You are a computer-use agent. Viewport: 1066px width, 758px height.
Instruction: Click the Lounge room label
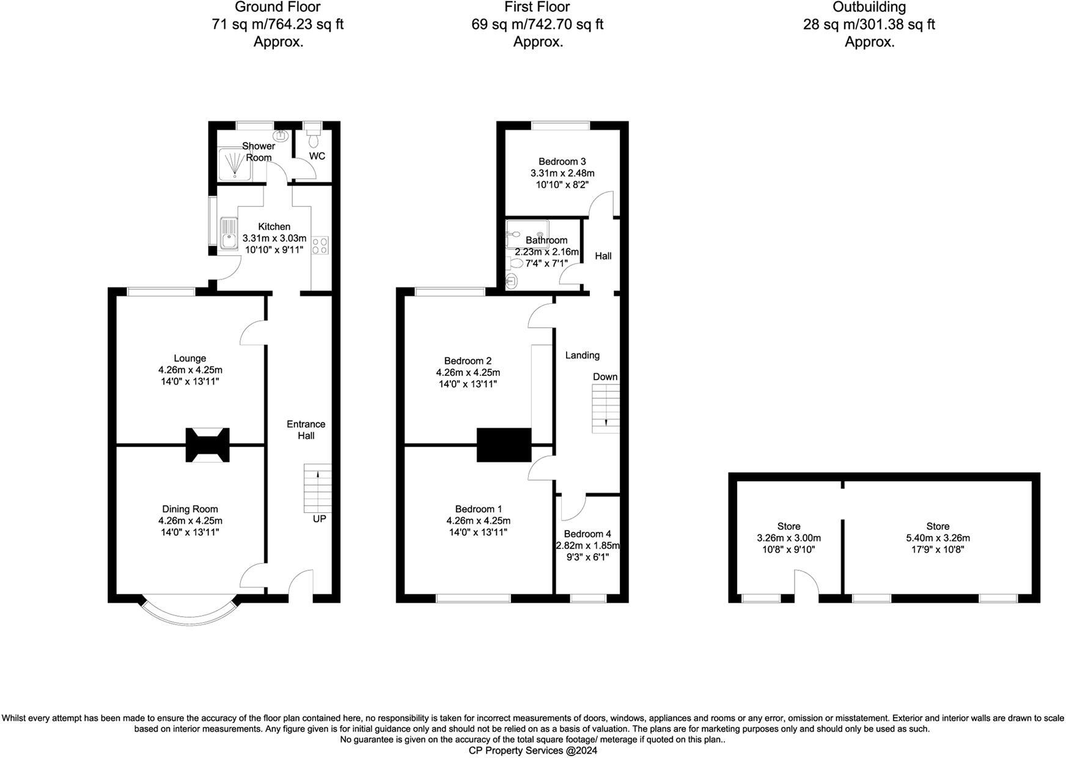click(x=189, y=359)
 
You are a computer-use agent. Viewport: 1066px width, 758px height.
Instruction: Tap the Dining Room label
click(x=189, y=509)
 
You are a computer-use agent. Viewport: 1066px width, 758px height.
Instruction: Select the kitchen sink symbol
click(x=229, y=234)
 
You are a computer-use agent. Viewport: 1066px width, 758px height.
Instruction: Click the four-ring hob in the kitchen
click(x=320, y=245)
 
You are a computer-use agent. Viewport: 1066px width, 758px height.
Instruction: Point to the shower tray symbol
click(x=235, y=164)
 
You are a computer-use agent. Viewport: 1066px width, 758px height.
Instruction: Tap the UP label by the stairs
click(x=319, y=519)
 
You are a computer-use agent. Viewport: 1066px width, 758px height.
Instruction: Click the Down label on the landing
click(x=605, y=377)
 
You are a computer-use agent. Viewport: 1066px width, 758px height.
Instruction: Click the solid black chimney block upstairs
click(x=504, y=444)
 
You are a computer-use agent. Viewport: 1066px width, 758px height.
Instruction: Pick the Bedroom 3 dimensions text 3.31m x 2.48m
click(x=562, y=173)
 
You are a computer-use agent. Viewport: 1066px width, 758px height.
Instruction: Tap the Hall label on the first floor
click(x=603, y=256)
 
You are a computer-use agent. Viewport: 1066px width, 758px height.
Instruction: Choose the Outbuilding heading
click(x=869, y=7)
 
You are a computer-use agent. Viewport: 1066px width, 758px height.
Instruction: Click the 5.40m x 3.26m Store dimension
click(x=938, y=539)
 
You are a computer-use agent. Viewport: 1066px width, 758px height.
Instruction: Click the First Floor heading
click(x=537, y=7)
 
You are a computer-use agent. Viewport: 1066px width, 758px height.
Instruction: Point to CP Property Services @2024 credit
click(x=532, y=751)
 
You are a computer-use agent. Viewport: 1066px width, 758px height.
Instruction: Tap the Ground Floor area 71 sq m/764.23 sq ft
click(x=278, y=24)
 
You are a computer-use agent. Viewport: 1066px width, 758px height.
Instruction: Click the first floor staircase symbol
click(x=606, y=409)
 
